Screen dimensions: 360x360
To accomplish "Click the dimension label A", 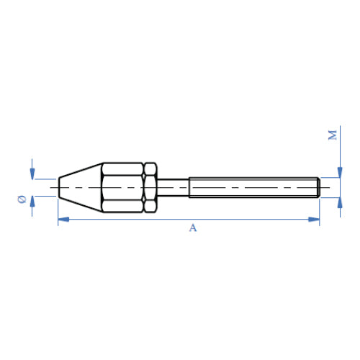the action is [x=193, y=228].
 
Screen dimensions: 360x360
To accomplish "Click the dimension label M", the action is [x=333, y=135].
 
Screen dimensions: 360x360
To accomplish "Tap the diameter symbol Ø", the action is [x=22, y=199].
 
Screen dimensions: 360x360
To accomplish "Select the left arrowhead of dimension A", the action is [x=63, y=219].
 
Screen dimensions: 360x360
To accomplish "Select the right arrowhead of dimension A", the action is [x=314, y=219].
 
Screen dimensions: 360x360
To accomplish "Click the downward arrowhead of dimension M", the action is [x=340, y=172].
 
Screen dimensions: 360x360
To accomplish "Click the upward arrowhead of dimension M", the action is [x=340, y=203].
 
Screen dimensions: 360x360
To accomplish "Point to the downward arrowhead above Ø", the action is [x=32, y=174].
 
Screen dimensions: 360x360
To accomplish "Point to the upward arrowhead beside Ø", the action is [x=32, y=202].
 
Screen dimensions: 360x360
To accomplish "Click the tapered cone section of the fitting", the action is [x=81, y=187].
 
